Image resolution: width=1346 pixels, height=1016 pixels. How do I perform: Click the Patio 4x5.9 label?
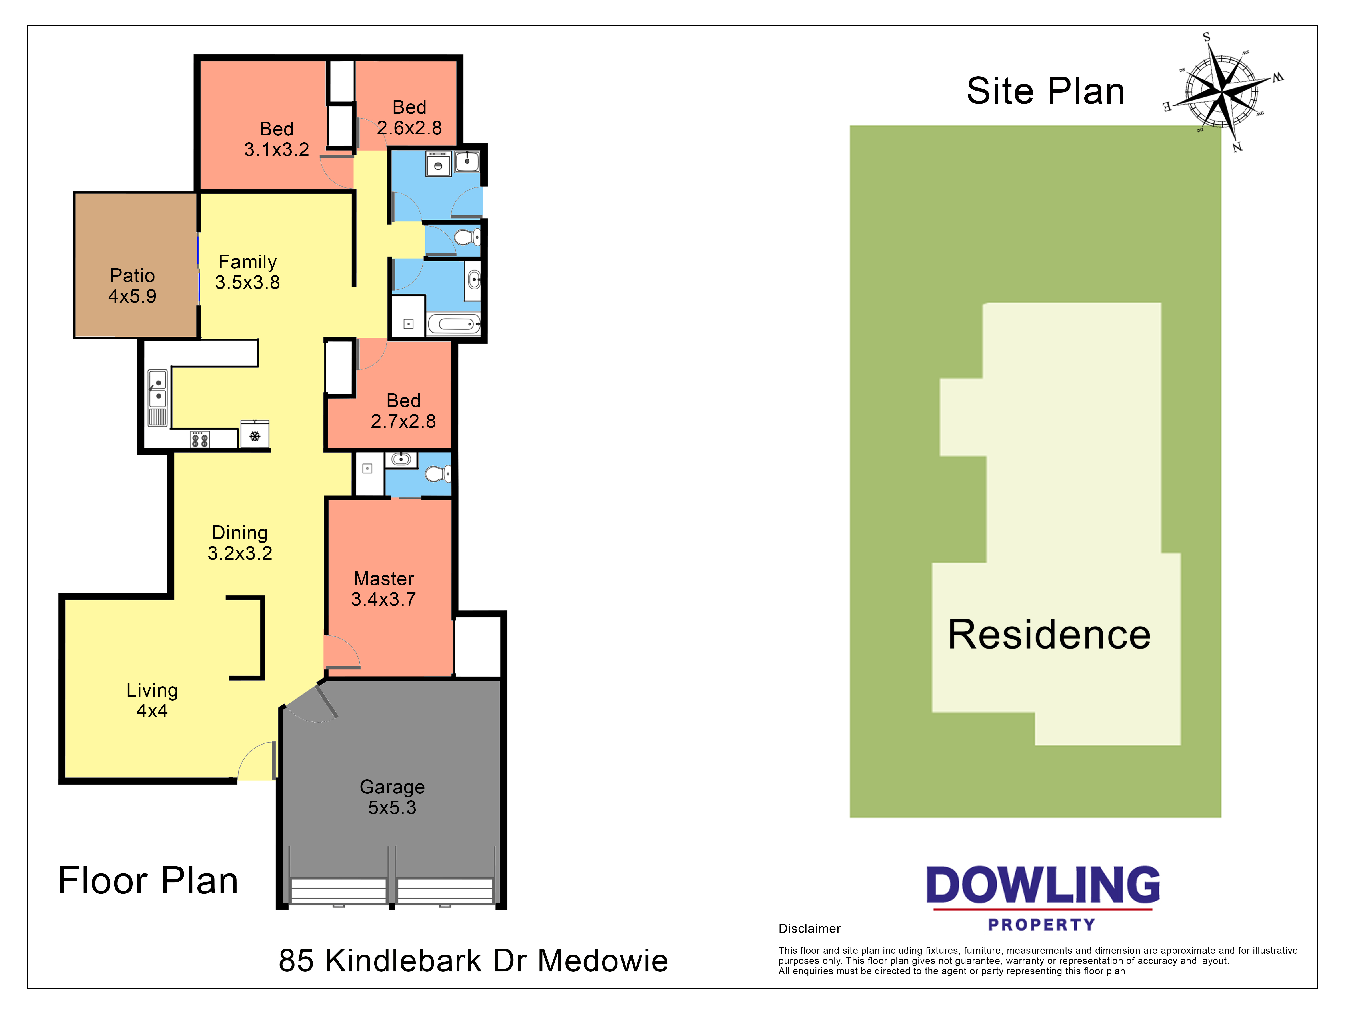coord(132,286)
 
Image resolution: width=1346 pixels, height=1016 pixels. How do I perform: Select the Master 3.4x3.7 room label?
coord(383,589)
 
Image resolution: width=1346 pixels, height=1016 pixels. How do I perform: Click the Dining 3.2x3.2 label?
coord(240,543)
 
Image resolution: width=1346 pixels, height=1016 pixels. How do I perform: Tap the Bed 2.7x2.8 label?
coord(403,411)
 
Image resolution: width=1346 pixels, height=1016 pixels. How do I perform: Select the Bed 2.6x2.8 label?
coord(409,117)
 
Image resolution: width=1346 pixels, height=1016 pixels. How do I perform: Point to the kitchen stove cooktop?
coord(200,439)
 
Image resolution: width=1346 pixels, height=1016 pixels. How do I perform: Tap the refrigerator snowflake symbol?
coord(255,436)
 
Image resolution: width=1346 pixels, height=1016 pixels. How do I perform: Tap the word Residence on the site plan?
coord(1049,635)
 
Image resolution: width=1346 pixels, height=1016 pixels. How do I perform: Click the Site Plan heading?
coord(1045,91)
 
